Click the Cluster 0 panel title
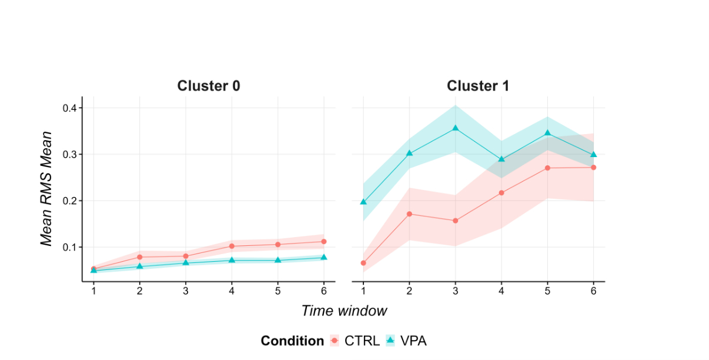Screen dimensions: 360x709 (208, 86)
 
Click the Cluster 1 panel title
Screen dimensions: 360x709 (478, 86)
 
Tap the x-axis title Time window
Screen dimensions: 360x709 (344, 311)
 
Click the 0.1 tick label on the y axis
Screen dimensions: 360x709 (71, 247)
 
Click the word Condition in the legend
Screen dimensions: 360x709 (292, 341)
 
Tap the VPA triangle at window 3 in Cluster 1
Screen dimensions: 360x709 (455, 128)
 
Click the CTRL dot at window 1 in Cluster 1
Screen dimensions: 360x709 (363, 263)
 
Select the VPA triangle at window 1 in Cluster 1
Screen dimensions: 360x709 (363, 202)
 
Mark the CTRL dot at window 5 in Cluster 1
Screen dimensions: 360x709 (547, 168)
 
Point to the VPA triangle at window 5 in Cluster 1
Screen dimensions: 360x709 (547, 133)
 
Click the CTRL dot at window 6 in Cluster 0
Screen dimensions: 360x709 (324, 241)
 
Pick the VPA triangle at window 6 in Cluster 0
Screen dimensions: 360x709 (324, 257)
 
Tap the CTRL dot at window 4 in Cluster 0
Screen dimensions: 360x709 (232, 246)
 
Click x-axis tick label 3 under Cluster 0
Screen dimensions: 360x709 (186, 291)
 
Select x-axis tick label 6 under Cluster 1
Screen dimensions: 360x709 (593, 291)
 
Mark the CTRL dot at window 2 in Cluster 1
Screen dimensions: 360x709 (409, 214)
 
